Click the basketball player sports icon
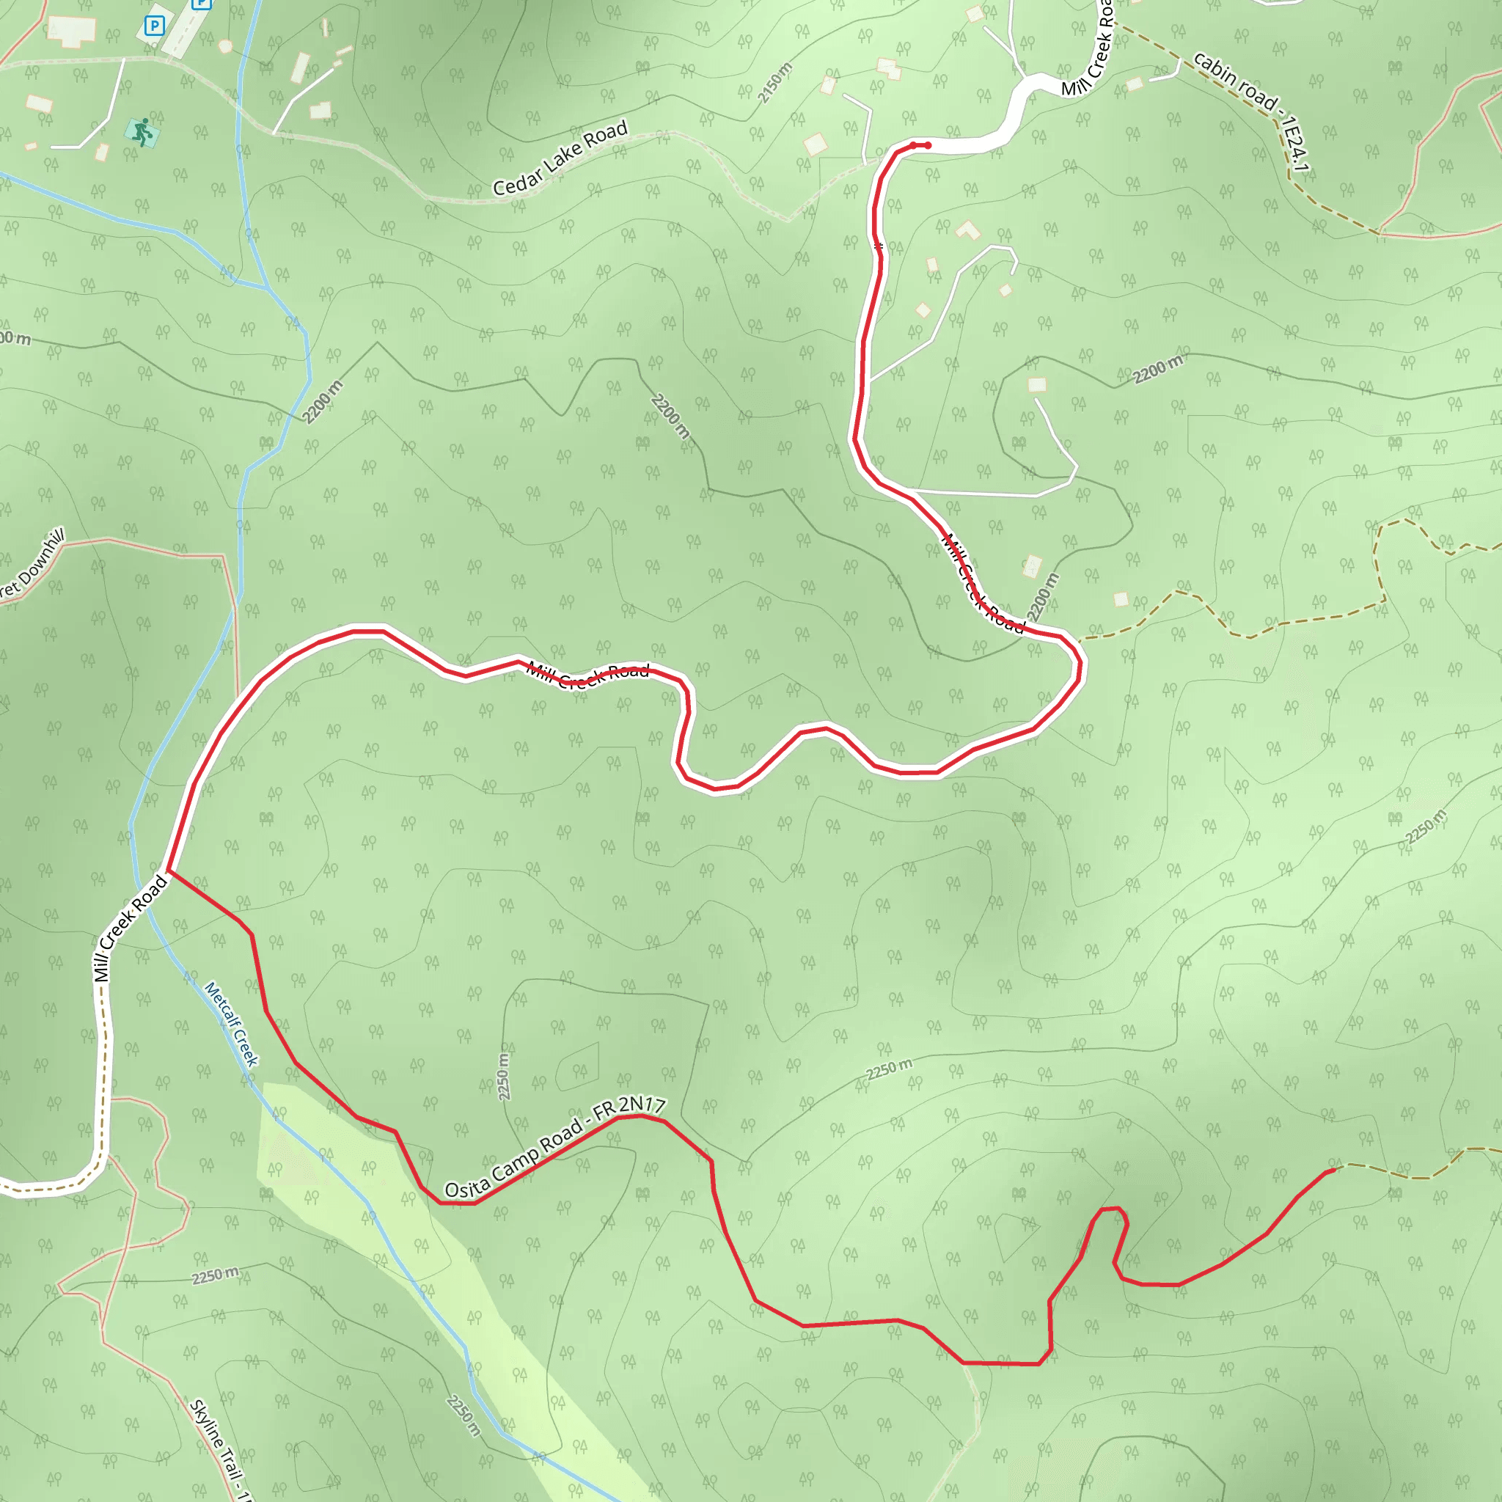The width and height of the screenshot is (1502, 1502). pos(142,132)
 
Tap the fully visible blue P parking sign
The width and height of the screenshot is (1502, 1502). pos(155,26)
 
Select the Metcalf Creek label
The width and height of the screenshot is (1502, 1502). pos(231,1024)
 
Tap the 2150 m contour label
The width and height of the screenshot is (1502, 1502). pos(775,82)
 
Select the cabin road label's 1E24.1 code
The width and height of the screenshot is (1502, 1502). pos(1294,144)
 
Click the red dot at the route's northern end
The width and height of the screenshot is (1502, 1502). pos(928,145)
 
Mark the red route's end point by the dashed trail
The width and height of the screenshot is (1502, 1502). pos(1333,1170)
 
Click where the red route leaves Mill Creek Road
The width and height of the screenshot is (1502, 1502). pos(169,871)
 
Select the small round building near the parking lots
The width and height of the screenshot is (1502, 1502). pos(225,47)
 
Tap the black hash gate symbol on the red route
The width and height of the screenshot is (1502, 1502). pos(879,247)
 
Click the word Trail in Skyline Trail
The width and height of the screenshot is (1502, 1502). pos(230,1465)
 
